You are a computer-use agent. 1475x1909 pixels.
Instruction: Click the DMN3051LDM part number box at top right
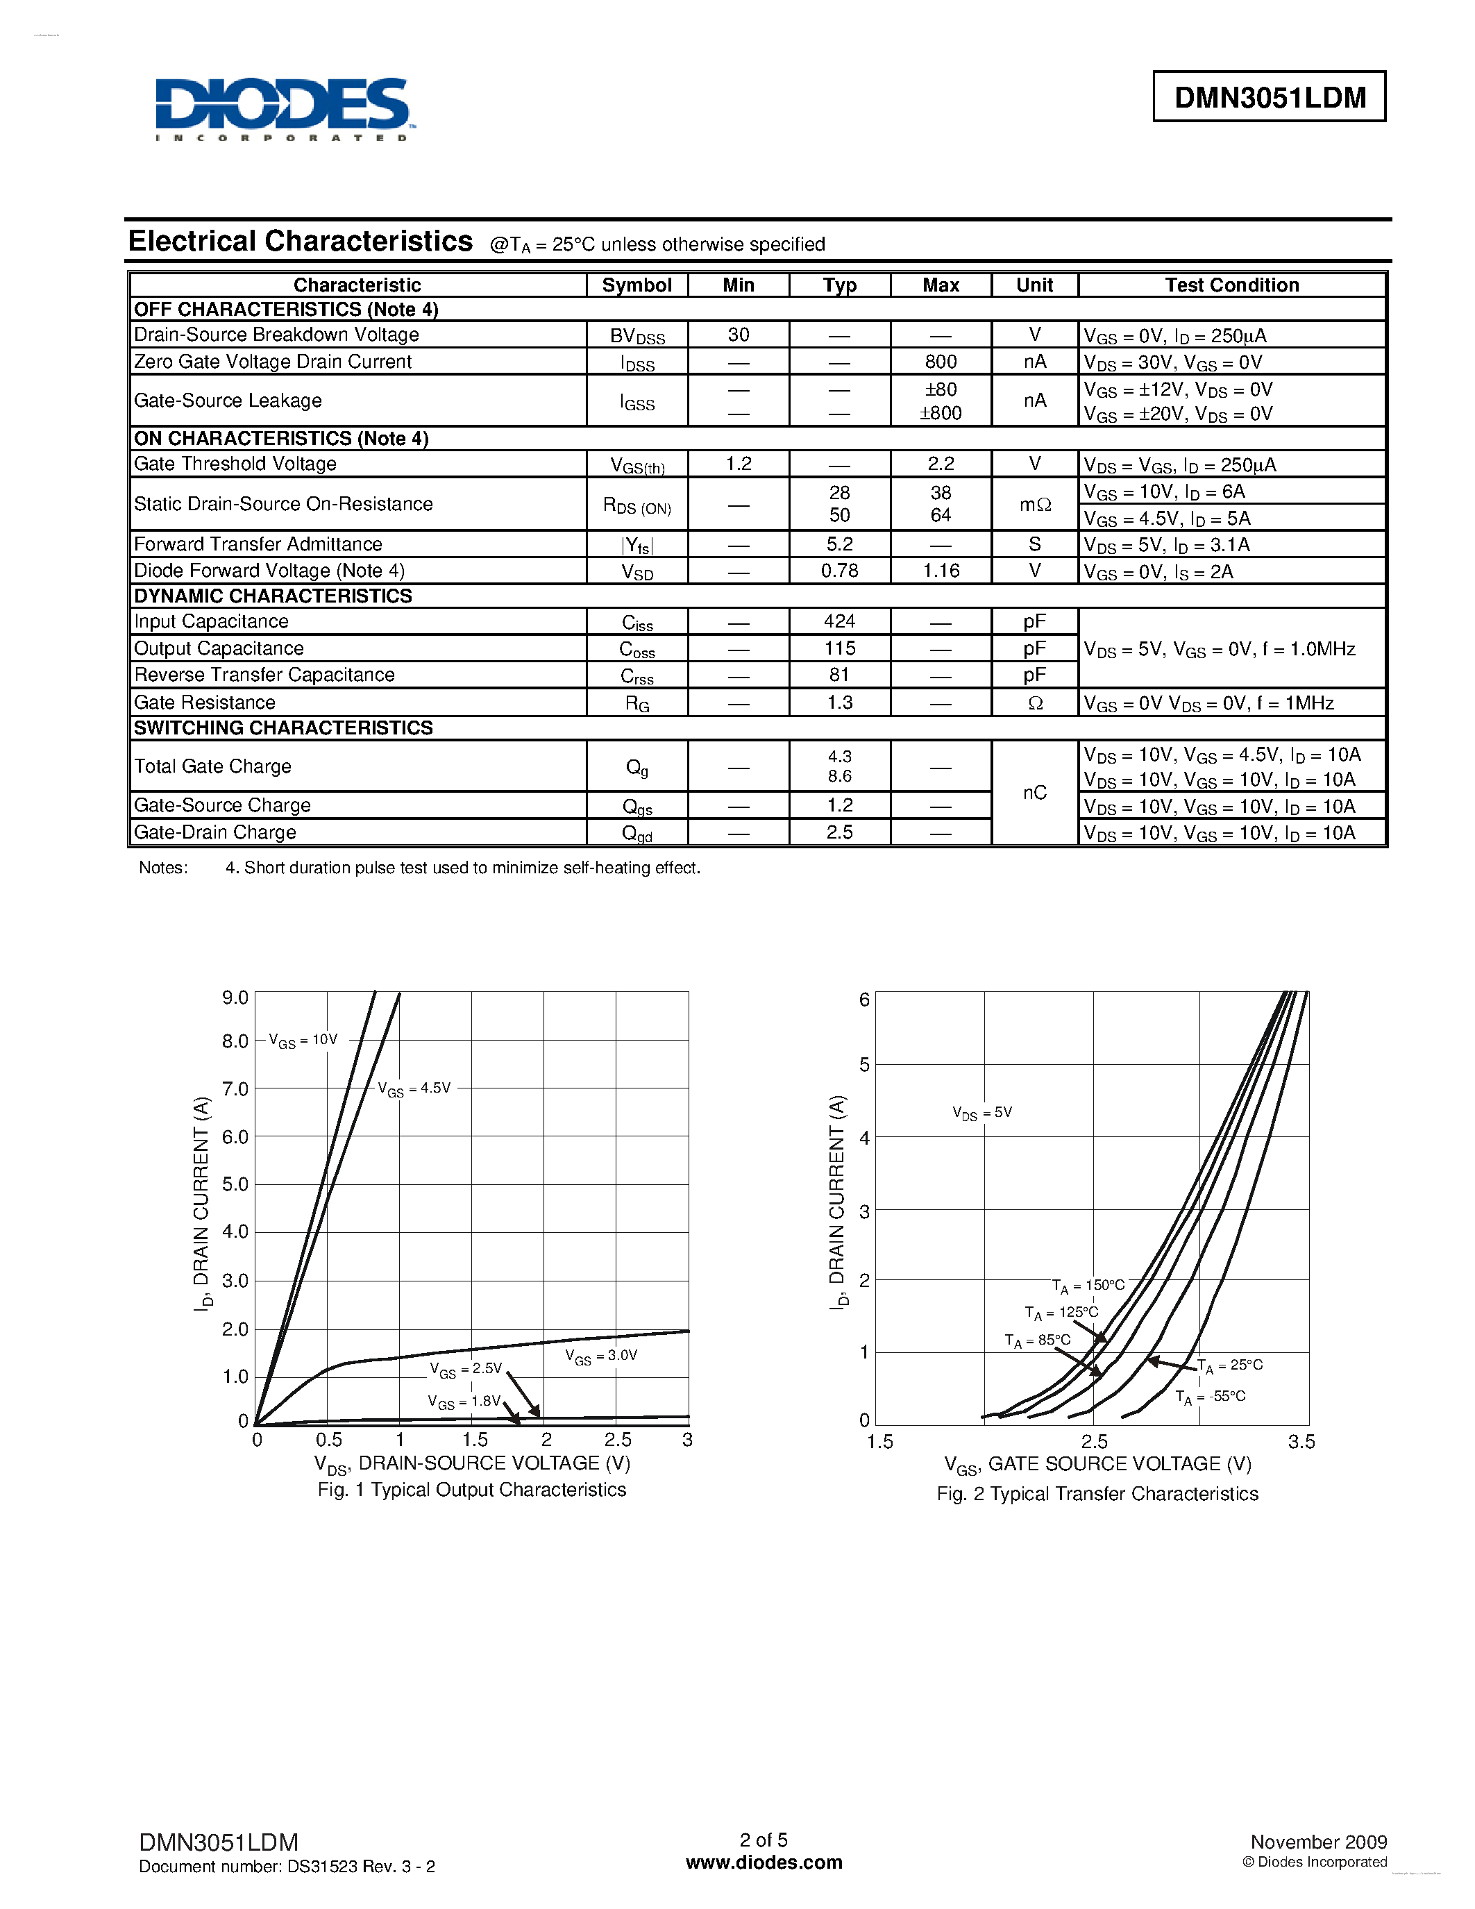(1269, 97)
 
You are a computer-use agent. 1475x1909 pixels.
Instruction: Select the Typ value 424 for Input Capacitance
(839, 621)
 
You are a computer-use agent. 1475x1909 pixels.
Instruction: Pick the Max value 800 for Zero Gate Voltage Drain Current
(941, 362)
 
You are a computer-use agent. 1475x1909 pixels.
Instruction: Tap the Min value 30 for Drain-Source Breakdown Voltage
(739, 335)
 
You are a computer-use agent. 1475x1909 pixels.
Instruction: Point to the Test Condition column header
(1231, 285)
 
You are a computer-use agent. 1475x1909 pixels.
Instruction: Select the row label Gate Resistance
(205, 703)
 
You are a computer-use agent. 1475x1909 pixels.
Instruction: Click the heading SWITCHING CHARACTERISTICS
(283, 728)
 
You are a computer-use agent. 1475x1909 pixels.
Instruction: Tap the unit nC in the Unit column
(1035, 793)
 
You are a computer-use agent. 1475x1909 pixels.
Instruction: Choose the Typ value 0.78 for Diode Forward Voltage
(839, 571)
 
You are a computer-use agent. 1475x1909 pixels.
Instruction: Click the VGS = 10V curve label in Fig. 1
(303, 1040)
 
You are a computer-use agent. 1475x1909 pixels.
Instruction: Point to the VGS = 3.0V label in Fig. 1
(601, 1356)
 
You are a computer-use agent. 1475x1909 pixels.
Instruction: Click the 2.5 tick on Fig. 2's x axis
(1094, 1441)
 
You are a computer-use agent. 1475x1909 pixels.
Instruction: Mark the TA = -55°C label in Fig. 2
(1211, 1397)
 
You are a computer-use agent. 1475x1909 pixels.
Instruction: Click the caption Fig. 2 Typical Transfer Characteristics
(1097, 1494)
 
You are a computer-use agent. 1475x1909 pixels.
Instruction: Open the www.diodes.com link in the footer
(764, 1862)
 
